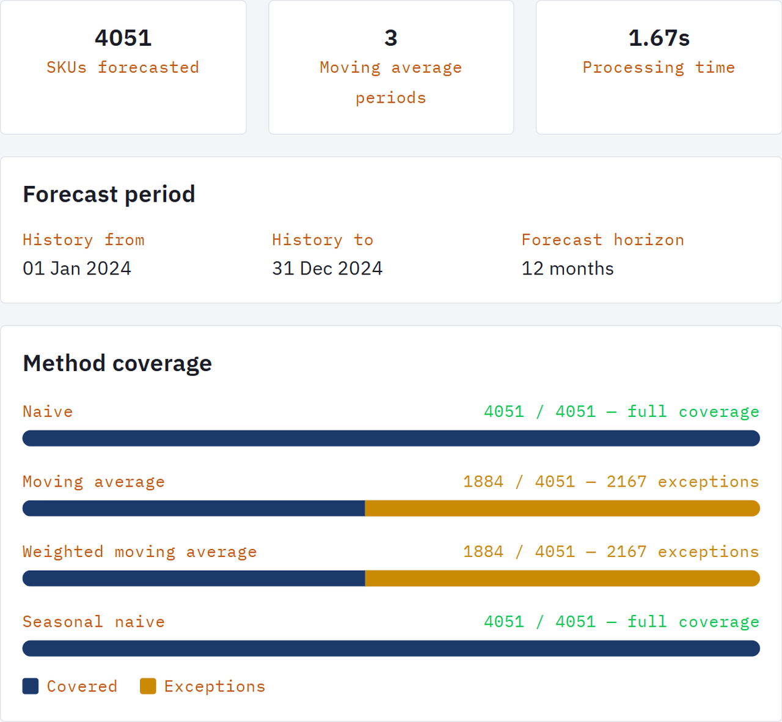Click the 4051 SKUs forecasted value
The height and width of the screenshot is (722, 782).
tap(123, 38)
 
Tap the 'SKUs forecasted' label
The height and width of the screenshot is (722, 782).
tap(123, 67)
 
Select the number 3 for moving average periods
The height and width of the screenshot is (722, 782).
tap(391, 38)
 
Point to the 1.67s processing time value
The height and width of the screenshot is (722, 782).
tap(659, 38)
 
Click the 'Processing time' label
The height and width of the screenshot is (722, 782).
tap(659, 67)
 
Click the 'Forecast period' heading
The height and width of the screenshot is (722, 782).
tap(109, 194)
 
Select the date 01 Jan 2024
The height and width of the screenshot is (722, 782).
tap(77, 268)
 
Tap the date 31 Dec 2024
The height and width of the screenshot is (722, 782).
tap(327, 268)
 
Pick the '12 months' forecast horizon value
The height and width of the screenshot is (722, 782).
tap(568, 268)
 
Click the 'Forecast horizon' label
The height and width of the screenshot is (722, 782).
tap(602, 240)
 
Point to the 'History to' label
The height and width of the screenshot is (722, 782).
tap(323, 240)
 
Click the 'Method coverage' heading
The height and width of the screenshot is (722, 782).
tap(117, 363)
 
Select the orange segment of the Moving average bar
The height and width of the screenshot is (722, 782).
tap(562, 509)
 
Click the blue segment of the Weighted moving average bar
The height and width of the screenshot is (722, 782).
tap(194, 578)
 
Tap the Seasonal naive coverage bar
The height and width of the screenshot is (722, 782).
tap(391, 649)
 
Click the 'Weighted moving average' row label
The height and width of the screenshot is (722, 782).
tap(139, 552)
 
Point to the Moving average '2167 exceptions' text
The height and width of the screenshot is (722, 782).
tap(682, 482)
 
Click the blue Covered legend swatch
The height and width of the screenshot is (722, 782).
tap(31, 686)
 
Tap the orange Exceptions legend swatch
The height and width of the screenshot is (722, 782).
tap(148, 686)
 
